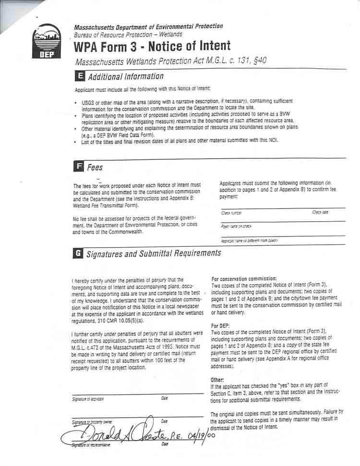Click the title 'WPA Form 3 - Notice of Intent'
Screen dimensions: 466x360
(x=152, y=47)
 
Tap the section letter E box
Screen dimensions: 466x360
(x=80, y=76)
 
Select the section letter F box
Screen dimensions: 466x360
(x=78, y=167)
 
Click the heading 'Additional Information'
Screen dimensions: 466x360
(x=126, y=76)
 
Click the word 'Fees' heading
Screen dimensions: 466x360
(x=95, y=167)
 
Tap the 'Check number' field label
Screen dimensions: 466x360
(x=231, y=213)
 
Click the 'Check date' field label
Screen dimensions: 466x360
(x=320, y=212)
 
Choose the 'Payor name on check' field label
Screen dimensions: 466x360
(x=236, y=226)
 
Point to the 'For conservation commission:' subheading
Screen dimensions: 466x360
(x=244, y=279)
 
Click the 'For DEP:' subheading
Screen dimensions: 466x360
(x=221, y=326)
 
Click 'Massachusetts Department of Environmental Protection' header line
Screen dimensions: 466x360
(x=148, y=26)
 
